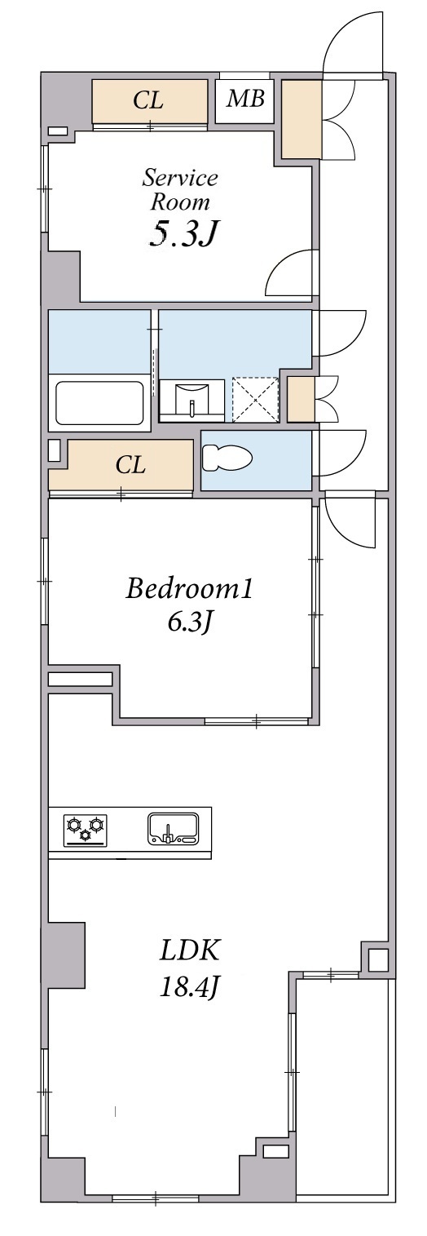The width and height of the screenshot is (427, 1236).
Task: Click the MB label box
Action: (244, 100)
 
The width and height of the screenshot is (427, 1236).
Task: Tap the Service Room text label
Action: (180, 189)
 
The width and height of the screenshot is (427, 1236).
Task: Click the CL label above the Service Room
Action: (148, 100)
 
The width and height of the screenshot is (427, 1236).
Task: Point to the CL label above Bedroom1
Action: (130, 465)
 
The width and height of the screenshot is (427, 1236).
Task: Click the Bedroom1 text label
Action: (189, 589)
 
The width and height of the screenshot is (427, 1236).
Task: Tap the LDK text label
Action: (189, 950)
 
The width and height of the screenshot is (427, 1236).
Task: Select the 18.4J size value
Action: (190, 988)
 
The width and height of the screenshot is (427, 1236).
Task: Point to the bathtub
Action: (100, 401)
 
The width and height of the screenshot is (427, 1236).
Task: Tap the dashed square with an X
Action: (255, 399)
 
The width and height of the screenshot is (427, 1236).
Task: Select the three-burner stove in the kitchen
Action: (86, 829)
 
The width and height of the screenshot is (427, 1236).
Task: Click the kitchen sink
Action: (172, 829)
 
